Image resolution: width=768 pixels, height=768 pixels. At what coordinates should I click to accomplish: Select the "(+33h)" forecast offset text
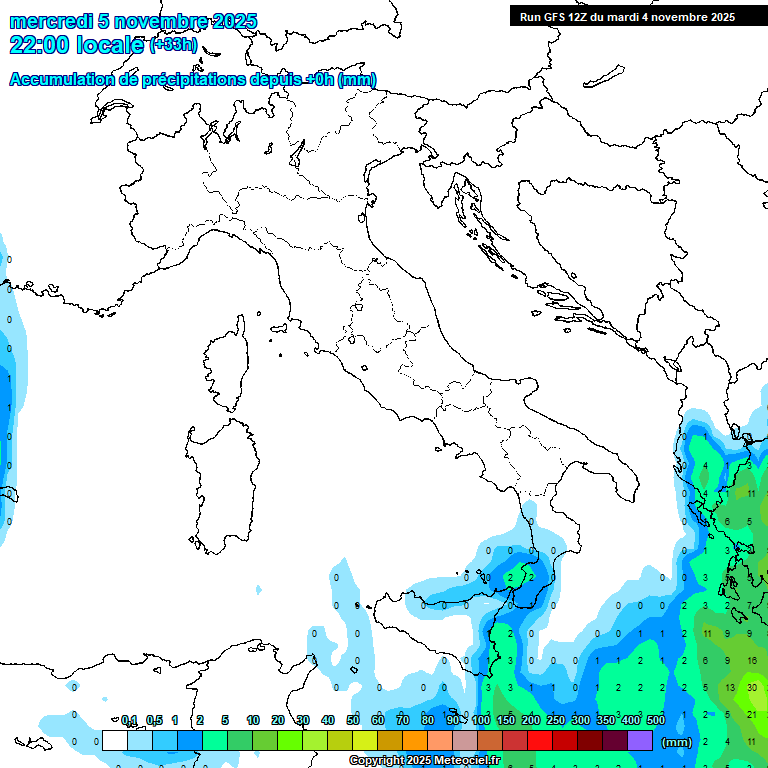pos(173,45)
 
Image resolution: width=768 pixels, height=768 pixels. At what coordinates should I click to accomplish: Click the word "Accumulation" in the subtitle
pos(60,80)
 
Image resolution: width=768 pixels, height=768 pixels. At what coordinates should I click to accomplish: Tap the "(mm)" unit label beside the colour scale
pos(676,741)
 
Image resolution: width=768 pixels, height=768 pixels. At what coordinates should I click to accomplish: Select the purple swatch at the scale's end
pos(640,740)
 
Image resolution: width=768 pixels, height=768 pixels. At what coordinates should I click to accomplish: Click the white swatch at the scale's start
pos(115,740)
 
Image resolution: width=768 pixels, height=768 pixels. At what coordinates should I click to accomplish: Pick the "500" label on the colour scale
pos(656,720)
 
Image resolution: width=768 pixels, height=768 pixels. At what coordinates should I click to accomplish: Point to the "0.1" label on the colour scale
pos(130,720)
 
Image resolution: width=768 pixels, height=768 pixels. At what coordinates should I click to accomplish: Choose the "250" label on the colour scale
pos(556,720)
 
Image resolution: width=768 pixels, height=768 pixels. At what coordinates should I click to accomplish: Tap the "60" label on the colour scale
pos(378,720)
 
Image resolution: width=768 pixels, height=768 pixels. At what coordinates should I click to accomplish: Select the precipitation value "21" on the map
pos(752,714)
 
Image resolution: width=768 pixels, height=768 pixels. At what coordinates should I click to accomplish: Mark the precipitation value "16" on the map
pos(752,660)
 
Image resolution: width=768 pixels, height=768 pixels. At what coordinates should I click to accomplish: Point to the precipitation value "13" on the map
pos(731,687)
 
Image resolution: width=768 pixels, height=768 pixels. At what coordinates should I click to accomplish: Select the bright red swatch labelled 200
pos(540,740)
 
